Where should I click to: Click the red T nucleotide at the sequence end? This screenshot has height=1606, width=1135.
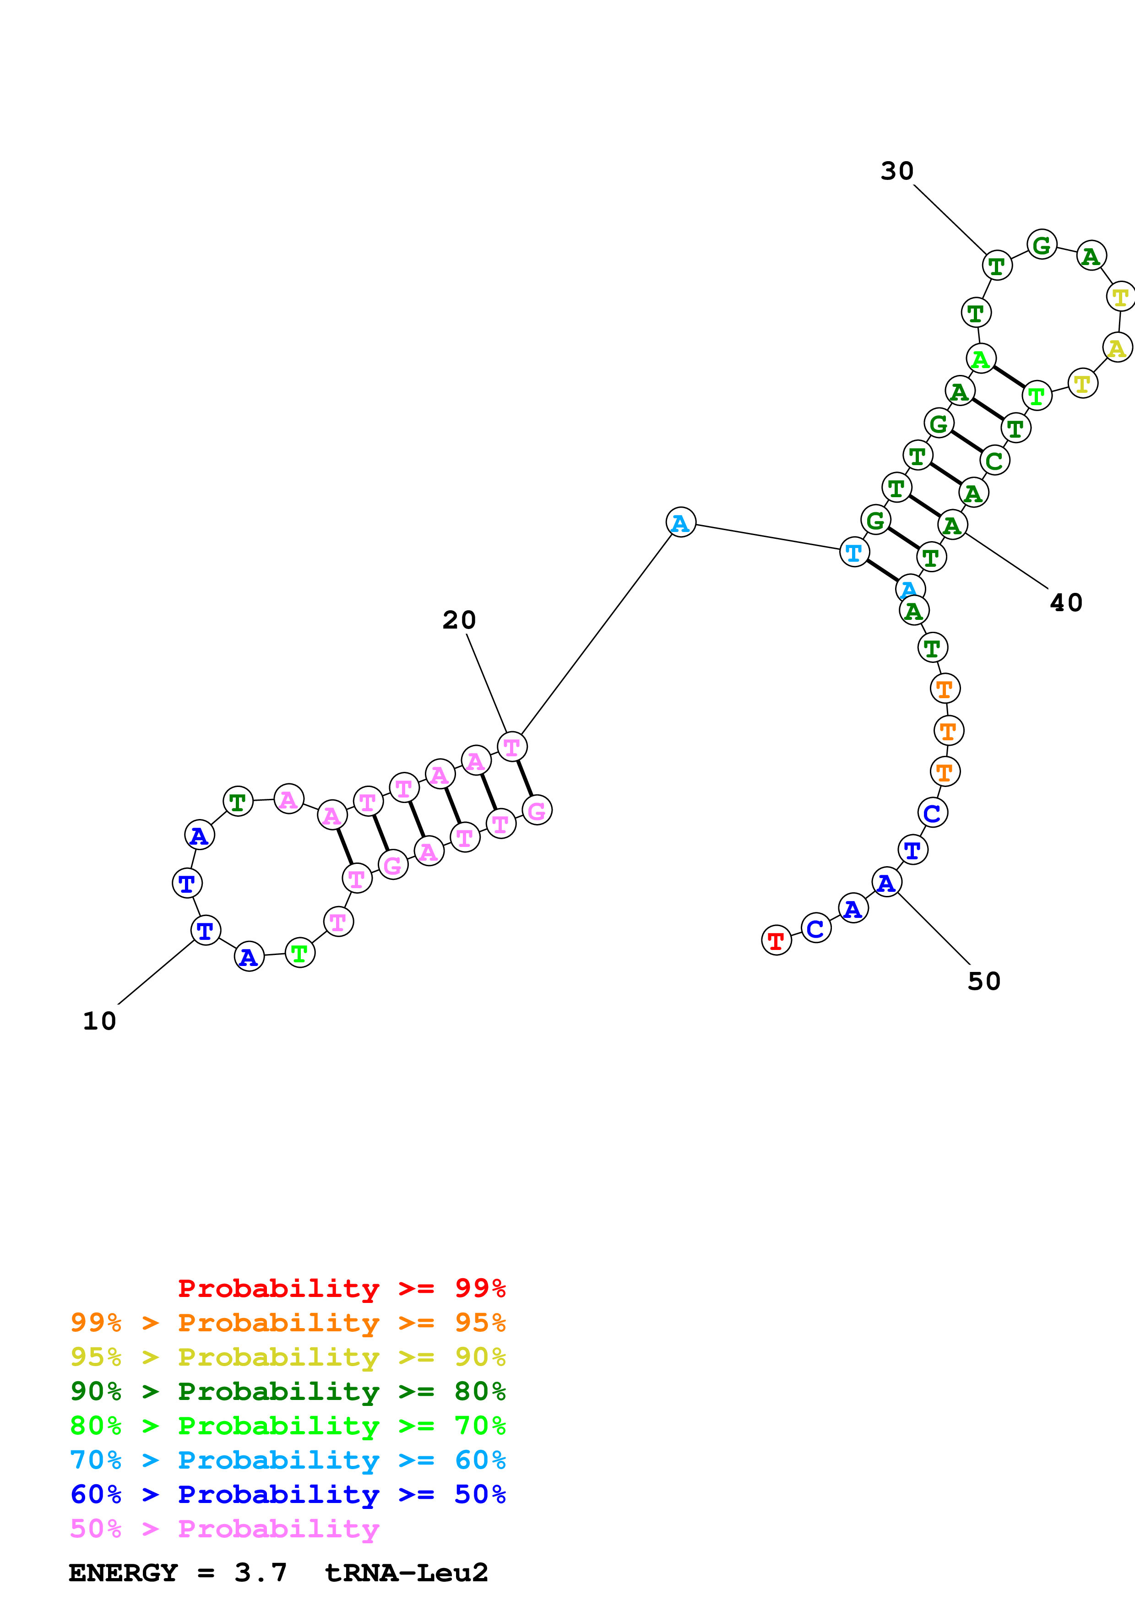point(776,941)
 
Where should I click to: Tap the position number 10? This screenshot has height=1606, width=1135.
point(99,1021)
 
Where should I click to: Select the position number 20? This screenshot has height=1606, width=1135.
point(459,620)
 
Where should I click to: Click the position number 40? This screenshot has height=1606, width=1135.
point(1066,603)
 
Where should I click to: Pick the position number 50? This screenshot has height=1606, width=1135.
point(984,982)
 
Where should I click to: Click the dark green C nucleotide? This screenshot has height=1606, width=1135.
point(994,461)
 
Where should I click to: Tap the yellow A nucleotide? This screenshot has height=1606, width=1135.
point(1117,347)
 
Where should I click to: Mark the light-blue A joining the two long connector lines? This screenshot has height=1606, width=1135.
point(680,522)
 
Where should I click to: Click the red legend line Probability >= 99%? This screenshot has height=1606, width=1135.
point(341,1288)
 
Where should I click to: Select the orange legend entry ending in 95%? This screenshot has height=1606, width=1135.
point(288,1323)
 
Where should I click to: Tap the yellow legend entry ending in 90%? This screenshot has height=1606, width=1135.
point(288,1357)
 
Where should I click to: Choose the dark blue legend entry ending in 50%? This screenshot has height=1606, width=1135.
point(288,1494)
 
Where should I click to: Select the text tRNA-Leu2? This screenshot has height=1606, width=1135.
point(406,1573)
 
